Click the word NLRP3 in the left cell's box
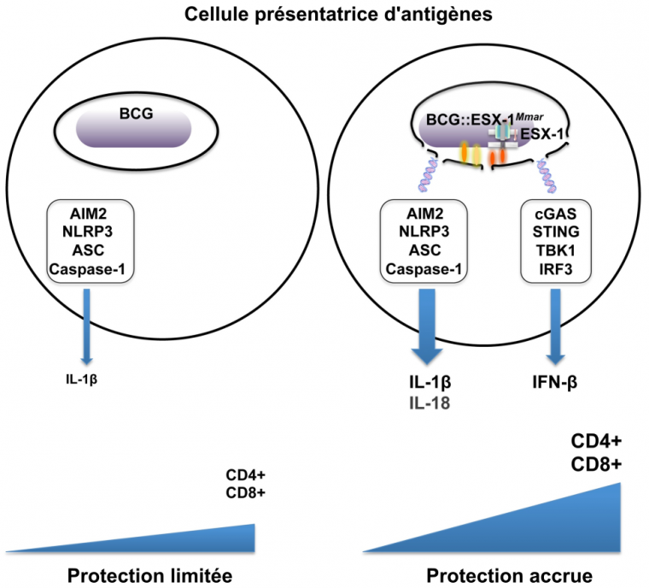click(91, 231)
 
